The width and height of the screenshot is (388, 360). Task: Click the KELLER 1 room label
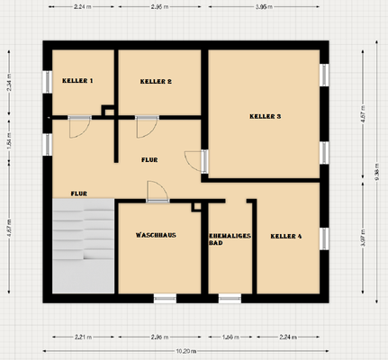[77, 81]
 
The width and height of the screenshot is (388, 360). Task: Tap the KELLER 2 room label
[156, 81]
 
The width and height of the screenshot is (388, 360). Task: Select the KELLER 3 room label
[266, 116]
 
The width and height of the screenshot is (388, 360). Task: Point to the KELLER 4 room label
[286, 236]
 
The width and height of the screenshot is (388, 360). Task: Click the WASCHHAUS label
[156, 234]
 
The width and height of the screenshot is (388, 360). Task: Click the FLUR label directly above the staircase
[78, 193]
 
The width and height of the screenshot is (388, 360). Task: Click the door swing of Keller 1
[79, 127]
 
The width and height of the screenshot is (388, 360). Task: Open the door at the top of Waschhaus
[158, 192]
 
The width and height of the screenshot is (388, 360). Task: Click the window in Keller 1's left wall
[47, 82]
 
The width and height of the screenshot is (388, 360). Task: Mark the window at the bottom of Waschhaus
[165, 296]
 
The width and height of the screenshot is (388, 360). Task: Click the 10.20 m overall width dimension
[187, 350]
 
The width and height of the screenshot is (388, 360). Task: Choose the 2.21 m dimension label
[83, 337]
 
